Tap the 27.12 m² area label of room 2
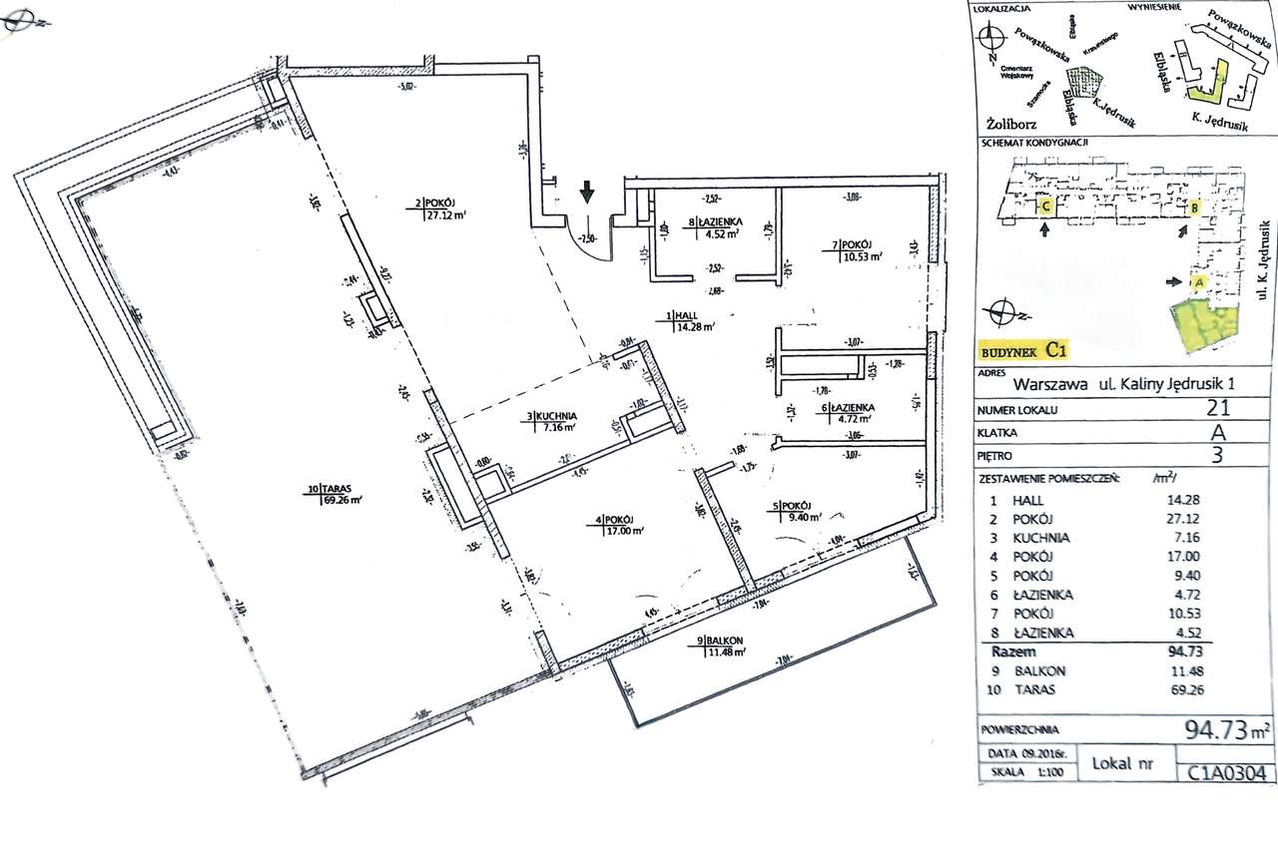click(x=448, y=213)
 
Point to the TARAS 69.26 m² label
click(x=333, y=494)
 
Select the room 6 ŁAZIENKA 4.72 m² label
click(x=849, y=413)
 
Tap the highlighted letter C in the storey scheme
click(x=1044, y=207)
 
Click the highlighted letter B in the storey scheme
click(x=1193, y=209)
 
